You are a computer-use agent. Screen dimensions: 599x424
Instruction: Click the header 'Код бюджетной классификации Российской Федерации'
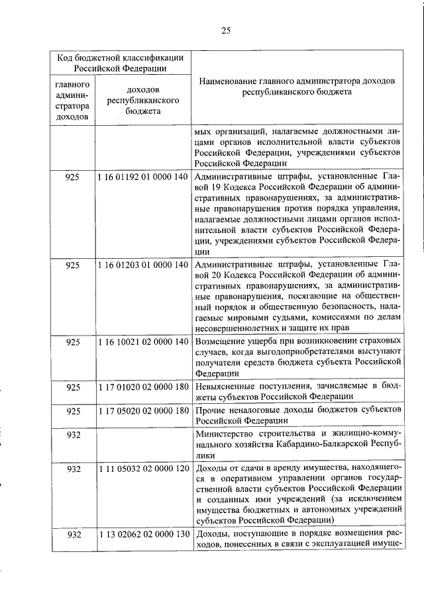point(120,62)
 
